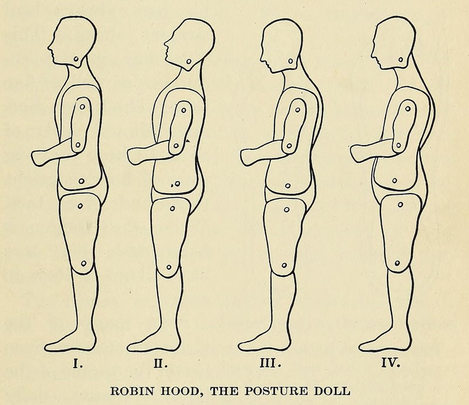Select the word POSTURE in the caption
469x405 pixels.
[274, 388]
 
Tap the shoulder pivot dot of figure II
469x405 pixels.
[185, 109]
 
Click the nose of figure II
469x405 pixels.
[165, 44]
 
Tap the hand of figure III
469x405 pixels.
[249, 155]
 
